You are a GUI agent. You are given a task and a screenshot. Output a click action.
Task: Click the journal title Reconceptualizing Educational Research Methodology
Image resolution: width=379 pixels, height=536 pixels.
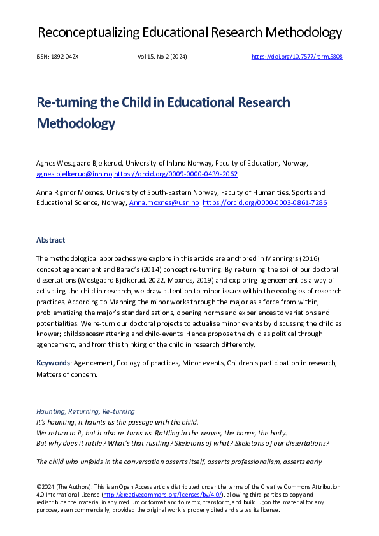click(189, 32)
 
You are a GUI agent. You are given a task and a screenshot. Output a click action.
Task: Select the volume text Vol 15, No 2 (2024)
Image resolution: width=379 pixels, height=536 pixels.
click(162, 57)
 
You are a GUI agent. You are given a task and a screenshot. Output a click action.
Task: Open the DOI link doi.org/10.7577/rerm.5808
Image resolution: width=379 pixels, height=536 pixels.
click(297, 57)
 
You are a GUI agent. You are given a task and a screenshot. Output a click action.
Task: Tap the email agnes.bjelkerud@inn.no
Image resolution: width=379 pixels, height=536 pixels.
click(74, 174)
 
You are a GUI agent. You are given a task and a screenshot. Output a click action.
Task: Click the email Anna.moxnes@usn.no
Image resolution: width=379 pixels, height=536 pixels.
click(164, 202)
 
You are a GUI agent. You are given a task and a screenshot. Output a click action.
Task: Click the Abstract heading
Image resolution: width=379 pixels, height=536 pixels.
click(50, 240)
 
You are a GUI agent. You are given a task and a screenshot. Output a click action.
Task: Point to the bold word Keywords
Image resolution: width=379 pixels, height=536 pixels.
click(54, 363)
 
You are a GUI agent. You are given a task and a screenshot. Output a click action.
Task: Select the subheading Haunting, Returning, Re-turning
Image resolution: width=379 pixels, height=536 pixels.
click(85, 412)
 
